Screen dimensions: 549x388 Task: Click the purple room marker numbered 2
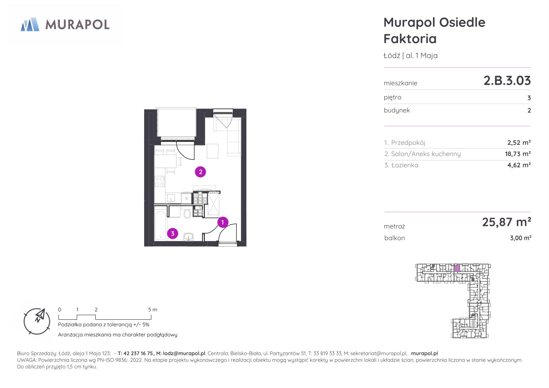coord(201,172)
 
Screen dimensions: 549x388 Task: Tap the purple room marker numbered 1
coord(223,222)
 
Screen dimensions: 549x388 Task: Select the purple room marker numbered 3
coord(173,234)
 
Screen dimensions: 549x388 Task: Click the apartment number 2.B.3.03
coord(507,81)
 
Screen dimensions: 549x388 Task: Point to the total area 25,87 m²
coord(507,222)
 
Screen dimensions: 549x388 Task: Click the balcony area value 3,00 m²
coord(521,238)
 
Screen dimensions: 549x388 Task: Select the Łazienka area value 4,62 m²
coord(519,165)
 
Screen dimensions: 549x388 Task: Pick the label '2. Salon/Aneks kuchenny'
coord(423,154)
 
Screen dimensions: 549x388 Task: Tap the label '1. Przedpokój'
coord(405,143)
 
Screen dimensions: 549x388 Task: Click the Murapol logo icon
coord(30,24)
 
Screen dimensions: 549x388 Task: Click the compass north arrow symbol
coord(40,315)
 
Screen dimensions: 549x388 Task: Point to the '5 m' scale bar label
coord(153,310)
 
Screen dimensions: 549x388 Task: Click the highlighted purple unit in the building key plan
coord(457,268)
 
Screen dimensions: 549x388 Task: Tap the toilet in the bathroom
coord(187,213)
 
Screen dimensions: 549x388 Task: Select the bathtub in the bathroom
coord(160,225)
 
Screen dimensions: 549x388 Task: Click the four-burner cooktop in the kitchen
coord(159,181)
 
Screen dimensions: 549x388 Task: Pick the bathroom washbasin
coord(188,237)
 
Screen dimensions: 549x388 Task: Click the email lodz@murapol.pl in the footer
coord(184,353)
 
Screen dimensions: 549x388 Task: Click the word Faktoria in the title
coord(410,39)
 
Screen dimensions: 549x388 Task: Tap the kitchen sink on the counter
coord(171,198)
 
